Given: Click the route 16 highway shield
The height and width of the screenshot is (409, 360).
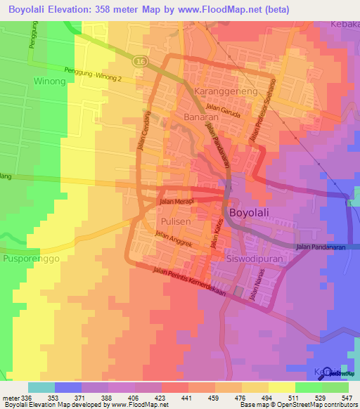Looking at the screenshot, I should click(x=141, y=60).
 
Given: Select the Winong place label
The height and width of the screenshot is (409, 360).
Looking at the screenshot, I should click(x=49, y=82).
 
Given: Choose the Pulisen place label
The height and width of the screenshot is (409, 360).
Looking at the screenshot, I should click(x=169, y=222).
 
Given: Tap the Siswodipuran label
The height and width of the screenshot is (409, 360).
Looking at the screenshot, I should click(x=255, y=259).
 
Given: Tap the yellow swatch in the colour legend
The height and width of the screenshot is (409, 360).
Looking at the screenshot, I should click(x=281, y=387).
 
